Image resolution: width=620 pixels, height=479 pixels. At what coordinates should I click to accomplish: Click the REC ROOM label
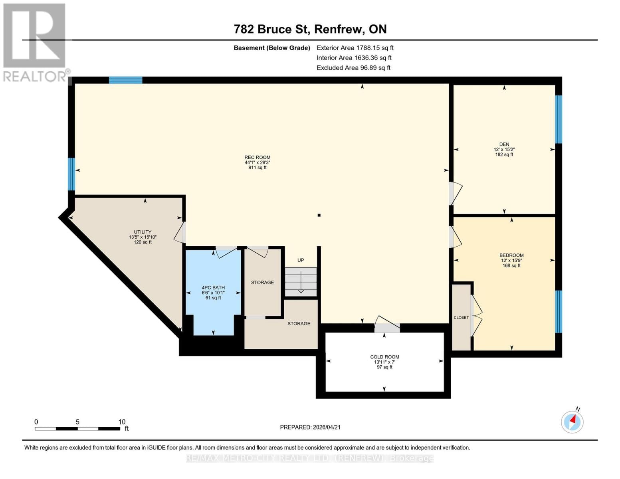click(x=258, y=157)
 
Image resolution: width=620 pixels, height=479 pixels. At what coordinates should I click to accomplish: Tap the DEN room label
click(x=504, y=144)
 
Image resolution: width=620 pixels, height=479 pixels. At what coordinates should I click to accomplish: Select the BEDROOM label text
click(x=511, y=255)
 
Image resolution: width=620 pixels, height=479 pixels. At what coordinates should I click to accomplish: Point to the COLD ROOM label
click(x=384, y=357)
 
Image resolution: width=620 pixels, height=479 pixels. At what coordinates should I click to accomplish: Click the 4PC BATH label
click(x=213, y=288)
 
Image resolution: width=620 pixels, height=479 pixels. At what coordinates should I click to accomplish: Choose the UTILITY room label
click(x=143, y=232)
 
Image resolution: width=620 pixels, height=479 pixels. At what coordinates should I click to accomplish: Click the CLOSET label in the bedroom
click(x=461, y=318)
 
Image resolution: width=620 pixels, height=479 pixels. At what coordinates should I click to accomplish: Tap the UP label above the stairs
click(x=301, y=260)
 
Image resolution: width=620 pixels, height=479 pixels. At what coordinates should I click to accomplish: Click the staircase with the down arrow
click(x=301, y=282)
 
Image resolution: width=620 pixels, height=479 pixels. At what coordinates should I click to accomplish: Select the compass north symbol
click(x=572, y=422)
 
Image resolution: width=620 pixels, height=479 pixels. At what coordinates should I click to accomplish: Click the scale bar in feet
click(x=77, y=428)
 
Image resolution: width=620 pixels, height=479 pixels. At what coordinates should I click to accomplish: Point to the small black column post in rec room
click(x=319, y=215)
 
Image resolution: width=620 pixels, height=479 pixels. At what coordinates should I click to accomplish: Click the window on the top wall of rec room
click(x=126, y=80)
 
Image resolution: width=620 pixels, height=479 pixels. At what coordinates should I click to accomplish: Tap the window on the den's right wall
click(x=559, y=119)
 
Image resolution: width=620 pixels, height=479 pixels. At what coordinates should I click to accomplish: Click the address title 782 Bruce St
click(x=310, y=29)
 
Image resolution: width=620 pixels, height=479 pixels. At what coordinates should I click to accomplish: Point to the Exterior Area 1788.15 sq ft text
click(x=355, y=48)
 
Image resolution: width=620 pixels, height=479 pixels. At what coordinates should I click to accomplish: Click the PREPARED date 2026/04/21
click(x=310, y=427)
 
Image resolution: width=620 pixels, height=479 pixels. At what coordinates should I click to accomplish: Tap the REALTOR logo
click(x=35, y=42)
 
